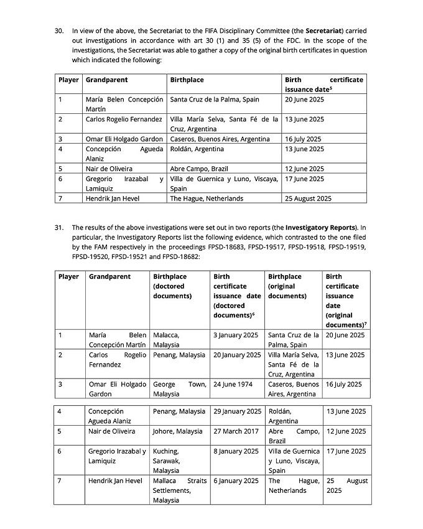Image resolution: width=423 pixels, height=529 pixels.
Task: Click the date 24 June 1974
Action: pos(233,385)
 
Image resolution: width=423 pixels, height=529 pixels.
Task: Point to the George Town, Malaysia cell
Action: pos(179,389)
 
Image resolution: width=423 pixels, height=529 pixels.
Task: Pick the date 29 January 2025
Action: pos(237,411)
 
